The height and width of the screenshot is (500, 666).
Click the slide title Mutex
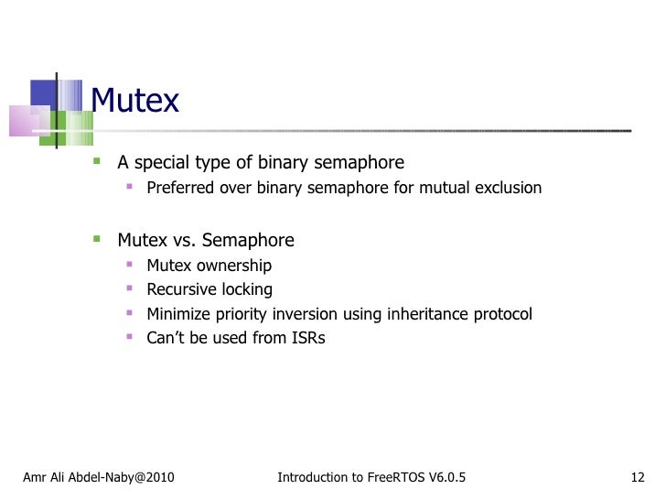135,101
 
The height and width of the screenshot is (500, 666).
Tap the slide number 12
639,477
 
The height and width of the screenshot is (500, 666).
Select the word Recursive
179,289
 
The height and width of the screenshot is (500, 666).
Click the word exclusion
509,188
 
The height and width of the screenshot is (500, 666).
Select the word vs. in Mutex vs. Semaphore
183,241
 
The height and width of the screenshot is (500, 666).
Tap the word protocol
502,314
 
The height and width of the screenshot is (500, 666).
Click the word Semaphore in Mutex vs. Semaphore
248,241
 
